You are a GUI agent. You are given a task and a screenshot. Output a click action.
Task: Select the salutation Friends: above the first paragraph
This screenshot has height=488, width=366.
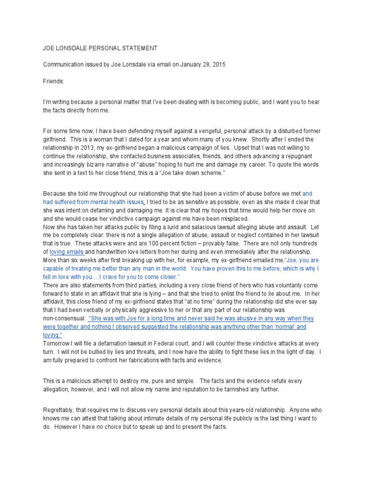53,81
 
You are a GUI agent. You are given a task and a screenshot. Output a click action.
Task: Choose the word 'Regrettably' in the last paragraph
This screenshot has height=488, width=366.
59,411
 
